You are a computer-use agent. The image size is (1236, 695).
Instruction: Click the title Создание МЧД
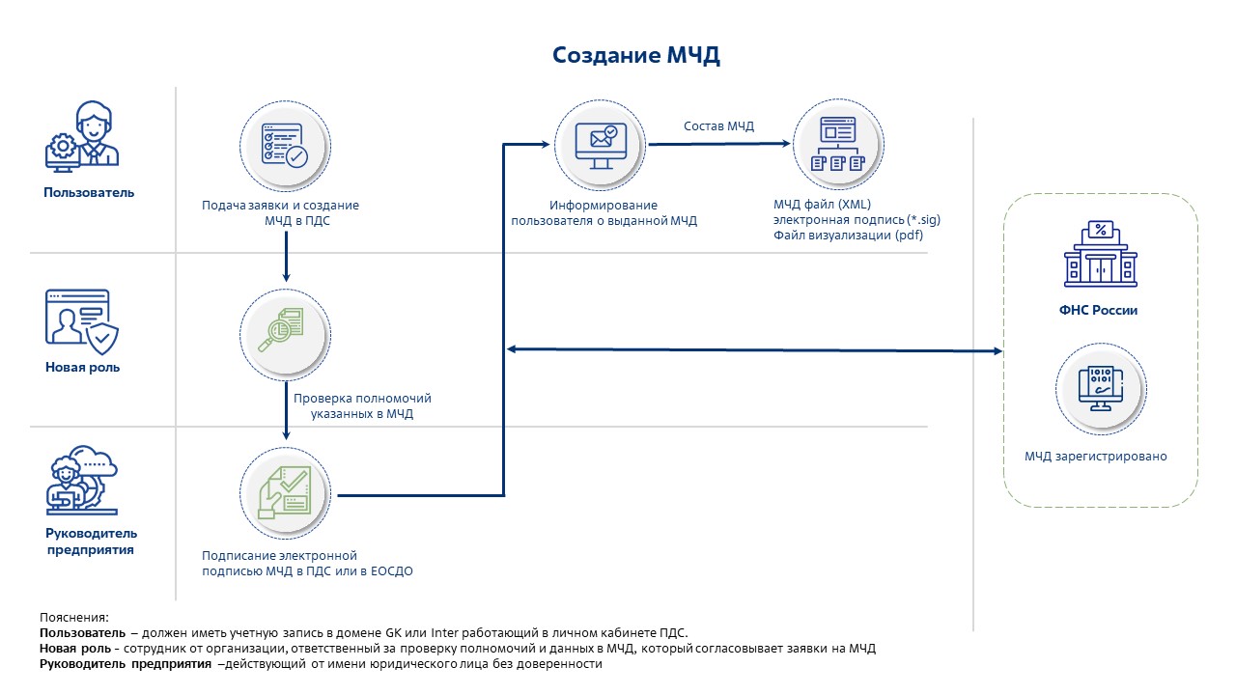[636, 55]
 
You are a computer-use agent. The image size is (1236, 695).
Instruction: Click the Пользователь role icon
[82, 138]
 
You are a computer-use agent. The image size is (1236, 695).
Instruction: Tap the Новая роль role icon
[82, 318]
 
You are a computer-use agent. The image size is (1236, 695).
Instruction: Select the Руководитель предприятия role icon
[82, 478]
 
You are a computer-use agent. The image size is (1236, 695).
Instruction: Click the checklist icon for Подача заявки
[284, 146]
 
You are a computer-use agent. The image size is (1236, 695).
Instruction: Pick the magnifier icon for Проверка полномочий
[284, 329]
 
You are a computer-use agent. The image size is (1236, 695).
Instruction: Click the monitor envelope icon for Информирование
[599, 146]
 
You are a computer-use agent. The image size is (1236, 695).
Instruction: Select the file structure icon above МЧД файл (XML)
[836, 146]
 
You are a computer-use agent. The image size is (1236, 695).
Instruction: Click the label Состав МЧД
[718, 126]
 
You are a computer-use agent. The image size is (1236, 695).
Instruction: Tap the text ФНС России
[1100, 311]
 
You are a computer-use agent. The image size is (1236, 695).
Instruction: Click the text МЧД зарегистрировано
[1096, 457]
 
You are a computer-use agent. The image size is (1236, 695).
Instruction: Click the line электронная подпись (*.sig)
[857, 220]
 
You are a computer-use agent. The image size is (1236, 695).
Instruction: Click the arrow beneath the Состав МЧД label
[719, 145]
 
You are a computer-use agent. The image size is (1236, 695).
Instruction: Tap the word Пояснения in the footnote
[74, 617]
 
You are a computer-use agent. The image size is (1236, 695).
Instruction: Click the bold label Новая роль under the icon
[82, 368]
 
